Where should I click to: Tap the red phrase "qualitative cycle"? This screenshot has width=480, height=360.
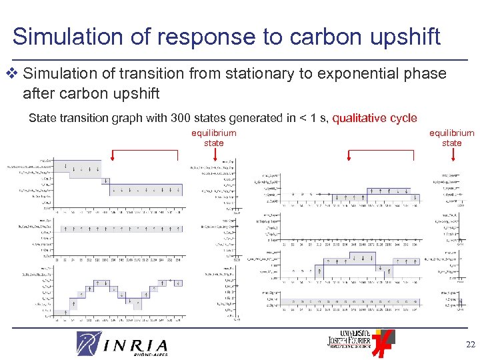pyautogui.click(x=374, y=118)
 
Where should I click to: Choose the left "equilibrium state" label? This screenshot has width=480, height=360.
pyautogui.click(x=214, y=138)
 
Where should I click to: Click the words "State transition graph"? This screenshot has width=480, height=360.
pyautogui.click(x=80, y=118)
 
